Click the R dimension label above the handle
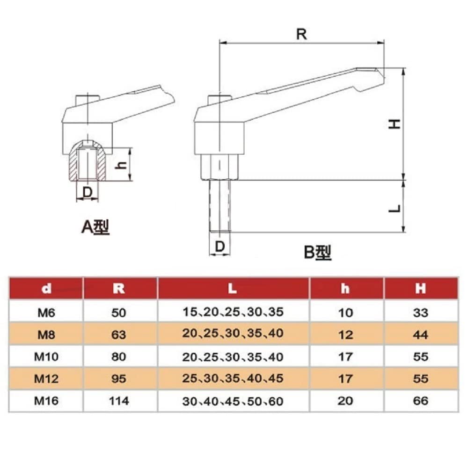pos(302,34)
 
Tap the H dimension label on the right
pos(396,124)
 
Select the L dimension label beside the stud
pos(396,207)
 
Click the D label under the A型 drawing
pos(87,191)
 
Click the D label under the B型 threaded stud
pos(219,247)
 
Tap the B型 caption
pos(318,253)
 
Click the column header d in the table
pos(46,289)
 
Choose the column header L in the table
pos(233,289)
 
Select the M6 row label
pos(46,312)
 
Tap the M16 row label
pos(46,401)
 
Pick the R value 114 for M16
pos(119,401)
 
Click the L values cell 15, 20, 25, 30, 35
pos(233,312)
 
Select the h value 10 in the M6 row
pos(345,312)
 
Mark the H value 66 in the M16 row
pos(421,401)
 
